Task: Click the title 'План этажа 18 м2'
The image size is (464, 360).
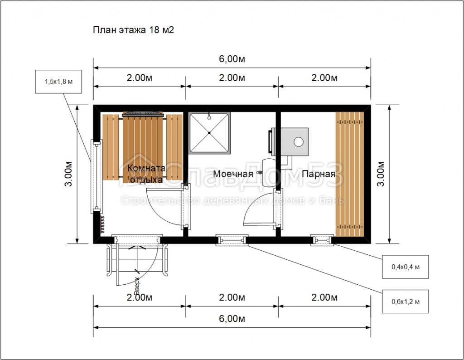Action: tap(134, 30)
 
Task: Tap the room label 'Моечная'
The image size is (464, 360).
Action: tap(233, 174)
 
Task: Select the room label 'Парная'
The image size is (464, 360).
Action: tap(319, 174)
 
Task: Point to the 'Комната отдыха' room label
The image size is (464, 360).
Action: tap(146, 174)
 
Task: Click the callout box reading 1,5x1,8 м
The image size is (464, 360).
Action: tap(58, 82)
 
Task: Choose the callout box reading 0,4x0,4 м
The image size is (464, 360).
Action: tap(406, 267)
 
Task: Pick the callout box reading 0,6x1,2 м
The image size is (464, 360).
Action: tap(406, 302)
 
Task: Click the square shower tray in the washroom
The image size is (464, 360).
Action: tap(209, 133)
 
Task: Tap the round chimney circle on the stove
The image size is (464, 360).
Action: tap(299, 142)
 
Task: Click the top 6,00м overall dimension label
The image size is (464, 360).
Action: tap(232, 59)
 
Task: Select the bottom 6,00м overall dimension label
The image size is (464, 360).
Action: tap(232, 319)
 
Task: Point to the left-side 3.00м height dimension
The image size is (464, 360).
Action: tap(68, 174)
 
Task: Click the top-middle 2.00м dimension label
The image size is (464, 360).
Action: tap(232, 78)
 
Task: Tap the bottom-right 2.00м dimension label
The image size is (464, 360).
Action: tap(324, 297)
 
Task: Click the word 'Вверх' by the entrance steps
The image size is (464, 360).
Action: tap(137, 286)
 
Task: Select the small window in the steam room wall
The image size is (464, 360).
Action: tap(322, 240)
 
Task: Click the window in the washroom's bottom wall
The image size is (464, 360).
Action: tap(232, 240)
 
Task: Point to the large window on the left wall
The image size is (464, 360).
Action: tap(97, 177)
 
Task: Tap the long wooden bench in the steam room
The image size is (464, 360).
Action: tap(349, 175)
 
